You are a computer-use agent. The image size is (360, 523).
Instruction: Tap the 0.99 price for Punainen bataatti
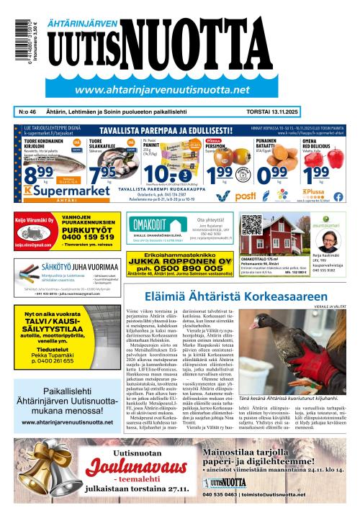click(272, 176)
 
